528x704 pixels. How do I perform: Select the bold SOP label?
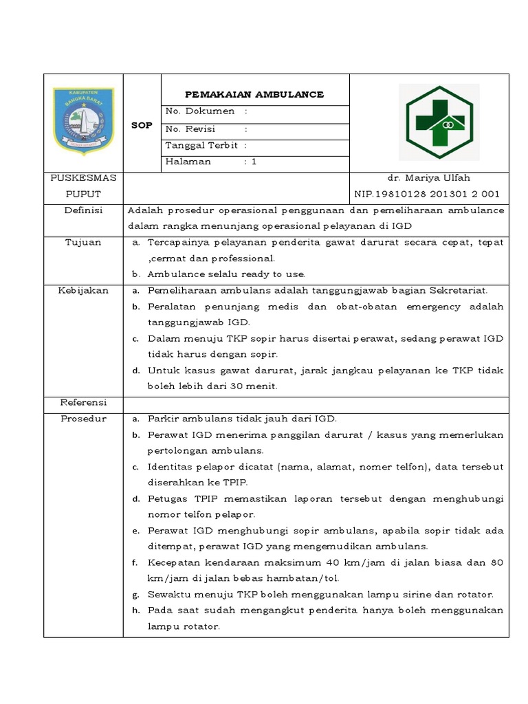(x=142, y=125)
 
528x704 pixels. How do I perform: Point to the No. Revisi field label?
(x=191, y=129)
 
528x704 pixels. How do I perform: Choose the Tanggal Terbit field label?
(x=201, y=146)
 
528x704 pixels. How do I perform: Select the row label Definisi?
(x=83, y=210)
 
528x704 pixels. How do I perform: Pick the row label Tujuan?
(x=83, y=243)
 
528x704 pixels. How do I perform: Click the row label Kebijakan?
(x=83, y=291)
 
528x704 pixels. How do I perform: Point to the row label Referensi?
(x=83, y=402)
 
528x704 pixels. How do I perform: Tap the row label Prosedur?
(x=83, y=419)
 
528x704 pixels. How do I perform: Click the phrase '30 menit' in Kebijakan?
(x=255, y=386)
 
